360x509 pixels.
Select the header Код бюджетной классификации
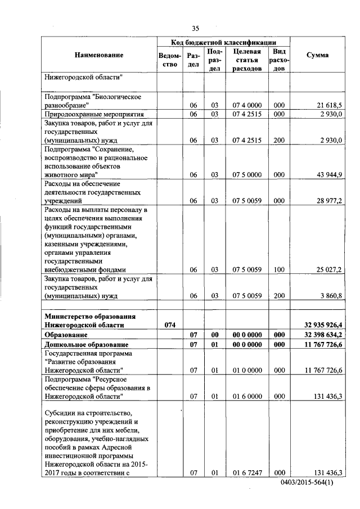[223, 43]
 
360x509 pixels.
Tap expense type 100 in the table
[279, 269]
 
